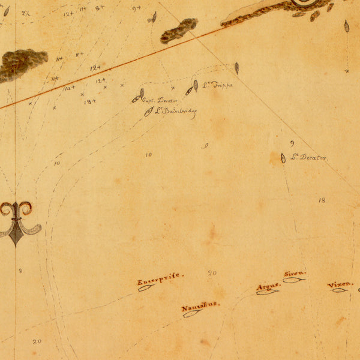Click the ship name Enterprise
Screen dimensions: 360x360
pos(160,279)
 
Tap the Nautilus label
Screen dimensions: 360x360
pos(200,307)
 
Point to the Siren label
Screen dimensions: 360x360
pos(295,274)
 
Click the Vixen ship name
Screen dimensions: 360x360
pos(340,284)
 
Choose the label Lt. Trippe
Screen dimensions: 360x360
pos(217,85)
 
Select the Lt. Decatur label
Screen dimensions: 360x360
pos(310,158)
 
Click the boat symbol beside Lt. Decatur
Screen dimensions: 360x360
pos(283,158)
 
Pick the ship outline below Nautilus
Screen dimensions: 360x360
pos(191,314)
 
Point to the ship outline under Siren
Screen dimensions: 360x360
pos(293,280)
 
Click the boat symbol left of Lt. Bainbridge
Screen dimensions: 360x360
pos(149,112)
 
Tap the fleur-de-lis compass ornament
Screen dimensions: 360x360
pos(16,222)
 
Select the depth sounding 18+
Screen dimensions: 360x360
pos(89,102)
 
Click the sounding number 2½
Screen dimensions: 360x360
pos(26,13)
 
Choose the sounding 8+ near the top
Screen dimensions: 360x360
pos(99,8)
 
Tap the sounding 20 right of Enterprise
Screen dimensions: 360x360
pos(212,273)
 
